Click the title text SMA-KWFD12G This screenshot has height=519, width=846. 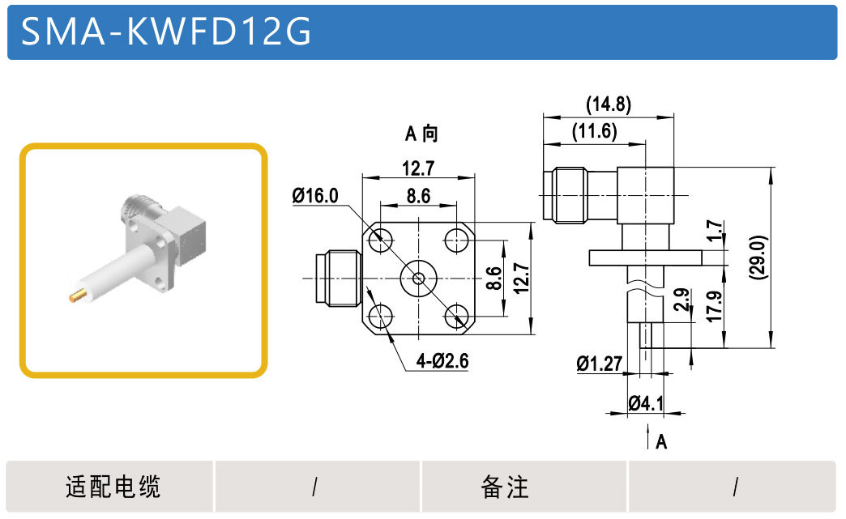point(165,30)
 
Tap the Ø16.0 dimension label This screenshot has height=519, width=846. point(315,195)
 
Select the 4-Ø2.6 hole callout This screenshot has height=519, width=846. point(442,360)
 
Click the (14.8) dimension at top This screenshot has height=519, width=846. point(609,104)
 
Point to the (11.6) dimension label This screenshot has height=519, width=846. point(595,131)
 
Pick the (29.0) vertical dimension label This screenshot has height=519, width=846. point(758,257)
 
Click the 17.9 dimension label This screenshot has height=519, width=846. point(714,306)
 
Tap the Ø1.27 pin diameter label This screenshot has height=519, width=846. point(600,364)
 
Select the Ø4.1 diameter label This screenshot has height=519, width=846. point(646,402)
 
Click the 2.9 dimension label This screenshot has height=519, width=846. point(682,300)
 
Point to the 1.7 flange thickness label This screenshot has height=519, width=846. point(715,231)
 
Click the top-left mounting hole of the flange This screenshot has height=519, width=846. point(380,239)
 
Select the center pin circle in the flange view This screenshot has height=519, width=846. point(418,278)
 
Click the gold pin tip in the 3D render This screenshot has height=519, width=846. point(76,296)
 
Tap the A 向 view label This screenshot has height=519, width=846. point(421,133)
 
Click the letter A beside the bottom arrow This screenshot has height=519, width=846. point(661,442)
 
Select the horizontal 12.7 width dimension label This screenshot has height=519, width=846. point(418,168)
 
